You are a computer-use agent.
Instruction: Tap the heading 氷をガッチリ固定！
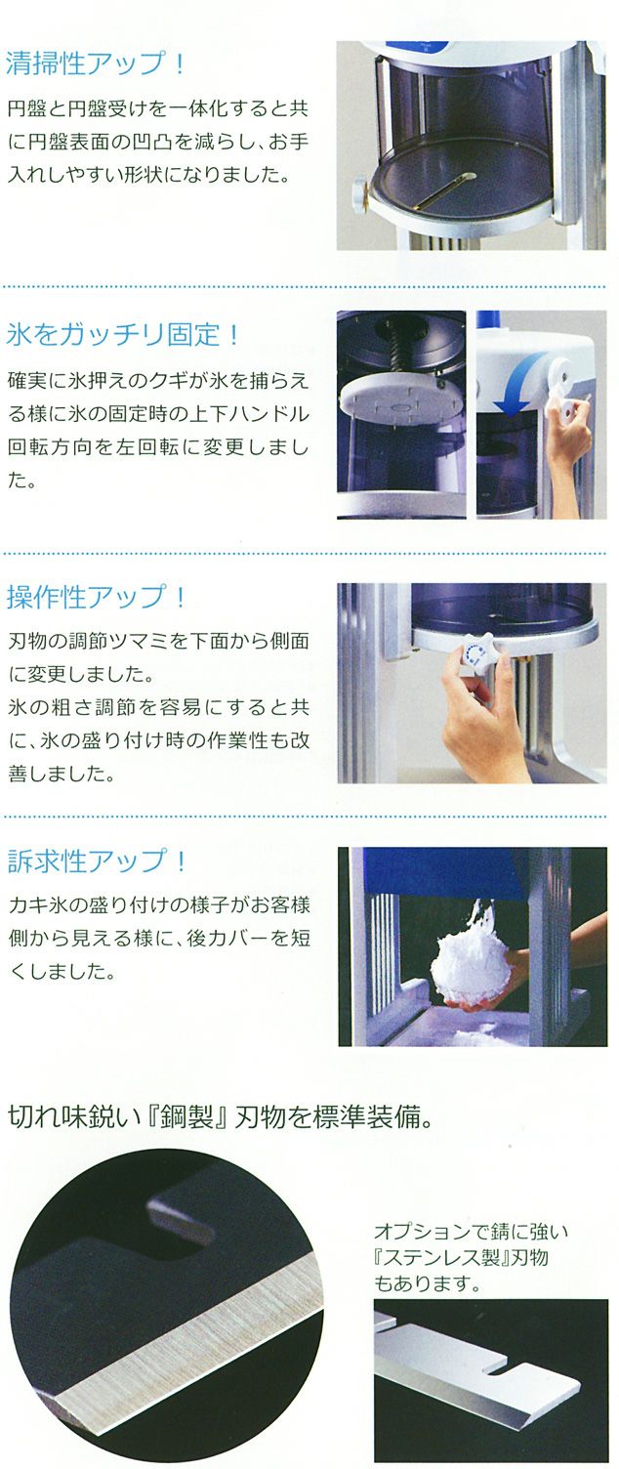123,334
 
